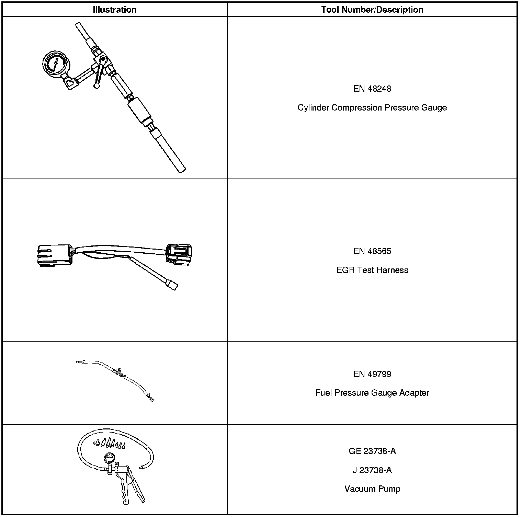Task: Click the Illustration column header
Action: (x=115, y=10)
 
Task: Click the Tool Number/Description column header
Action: (x=372, y=10)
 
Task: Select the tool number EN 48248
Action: (x=372, y=89)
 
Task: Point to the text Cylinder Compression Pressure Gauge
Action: (x=372, y=108)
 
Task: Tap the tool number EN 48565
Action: (x=372, y=251)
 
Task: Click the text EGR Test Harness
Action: (x=372, y=270)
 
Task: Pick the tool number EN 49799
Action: (x=372, y=374)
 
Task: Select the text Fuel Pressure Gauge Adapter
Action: (x=372, y=393)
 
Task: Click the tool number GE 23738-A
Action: (x=372, y=451)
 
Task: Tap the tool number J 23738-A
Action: (x=372, y=470)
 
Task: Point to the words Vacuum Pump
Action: (x=372, y=489)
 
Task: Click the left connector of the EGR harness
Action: (x=53, y=256)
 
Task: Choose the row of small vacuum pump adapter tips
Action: (x=109, y=443)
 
